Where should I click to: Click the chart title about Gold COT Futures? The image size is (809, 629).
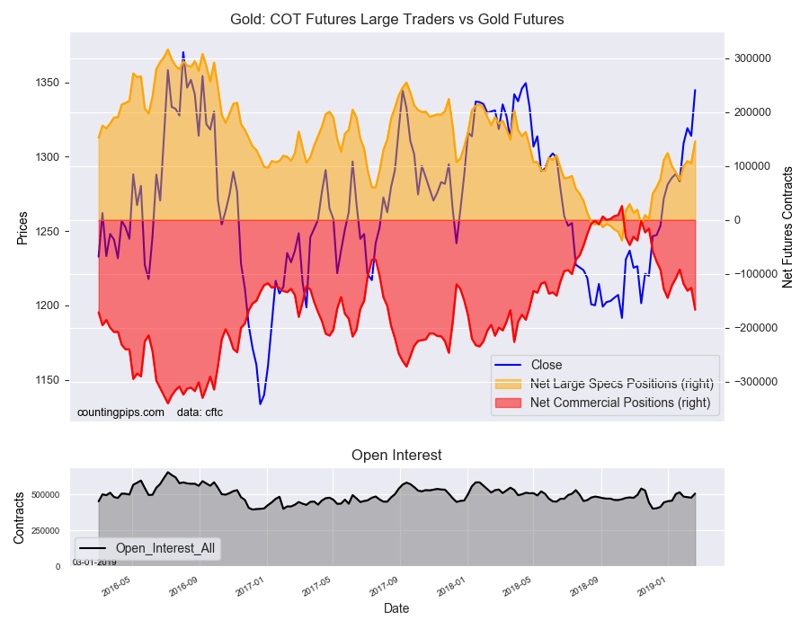pyautogui.click(x=396, y=20)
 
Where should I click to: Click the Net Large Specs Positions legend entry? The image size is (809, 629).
pyautogui.click(x=604, y=384)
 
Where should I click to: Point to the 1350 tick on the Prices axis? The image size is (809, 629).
pyautogui.click(x=47, y=83)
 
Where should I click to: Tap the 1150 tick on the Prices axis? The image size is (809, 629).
pyautogui.click(x=47, y=380)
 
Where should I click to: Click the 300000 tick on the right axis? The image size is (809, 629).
pyautogui.click(x=752, y=58)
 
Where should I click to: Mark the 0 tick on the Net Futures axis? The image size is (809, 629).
pyautogui.click(x=737, y=220)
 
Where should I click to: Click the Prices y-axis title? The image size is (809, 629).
pyautogui.click(x=22, y=228)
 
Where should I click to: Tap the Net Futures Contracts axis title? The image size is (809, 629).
pyautogui.click(x=787, y=227)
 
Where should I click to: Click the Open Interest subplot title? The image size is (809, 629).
pyautogui.click(x=396, y=456)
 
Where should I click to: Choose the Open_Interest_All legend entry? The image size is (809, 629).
pyautogui.click(x=148, y=548)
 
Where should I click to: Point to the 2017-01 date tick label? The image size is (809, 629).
pyautogui.click(x=250, y=588)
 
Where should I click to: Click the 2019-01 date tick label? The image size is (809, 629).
pyautogui.click(x=652, y=588)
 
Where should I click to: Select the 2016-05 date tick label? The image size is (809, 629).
pyautogui.click(x=116, y=588)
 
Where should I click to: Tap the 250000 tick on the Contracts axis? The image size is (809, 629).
pyautogui.click(x=46, y=531)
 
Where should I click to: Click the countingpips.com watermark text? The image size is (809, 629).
pyautogui.click(x=120, y=412)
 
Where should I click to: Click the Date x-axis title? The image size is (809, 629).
pyautogui.click(x=396, y=609)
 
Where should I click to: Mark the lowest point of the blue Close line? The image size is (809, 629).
pyautogui.click(x=261, y=404)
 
